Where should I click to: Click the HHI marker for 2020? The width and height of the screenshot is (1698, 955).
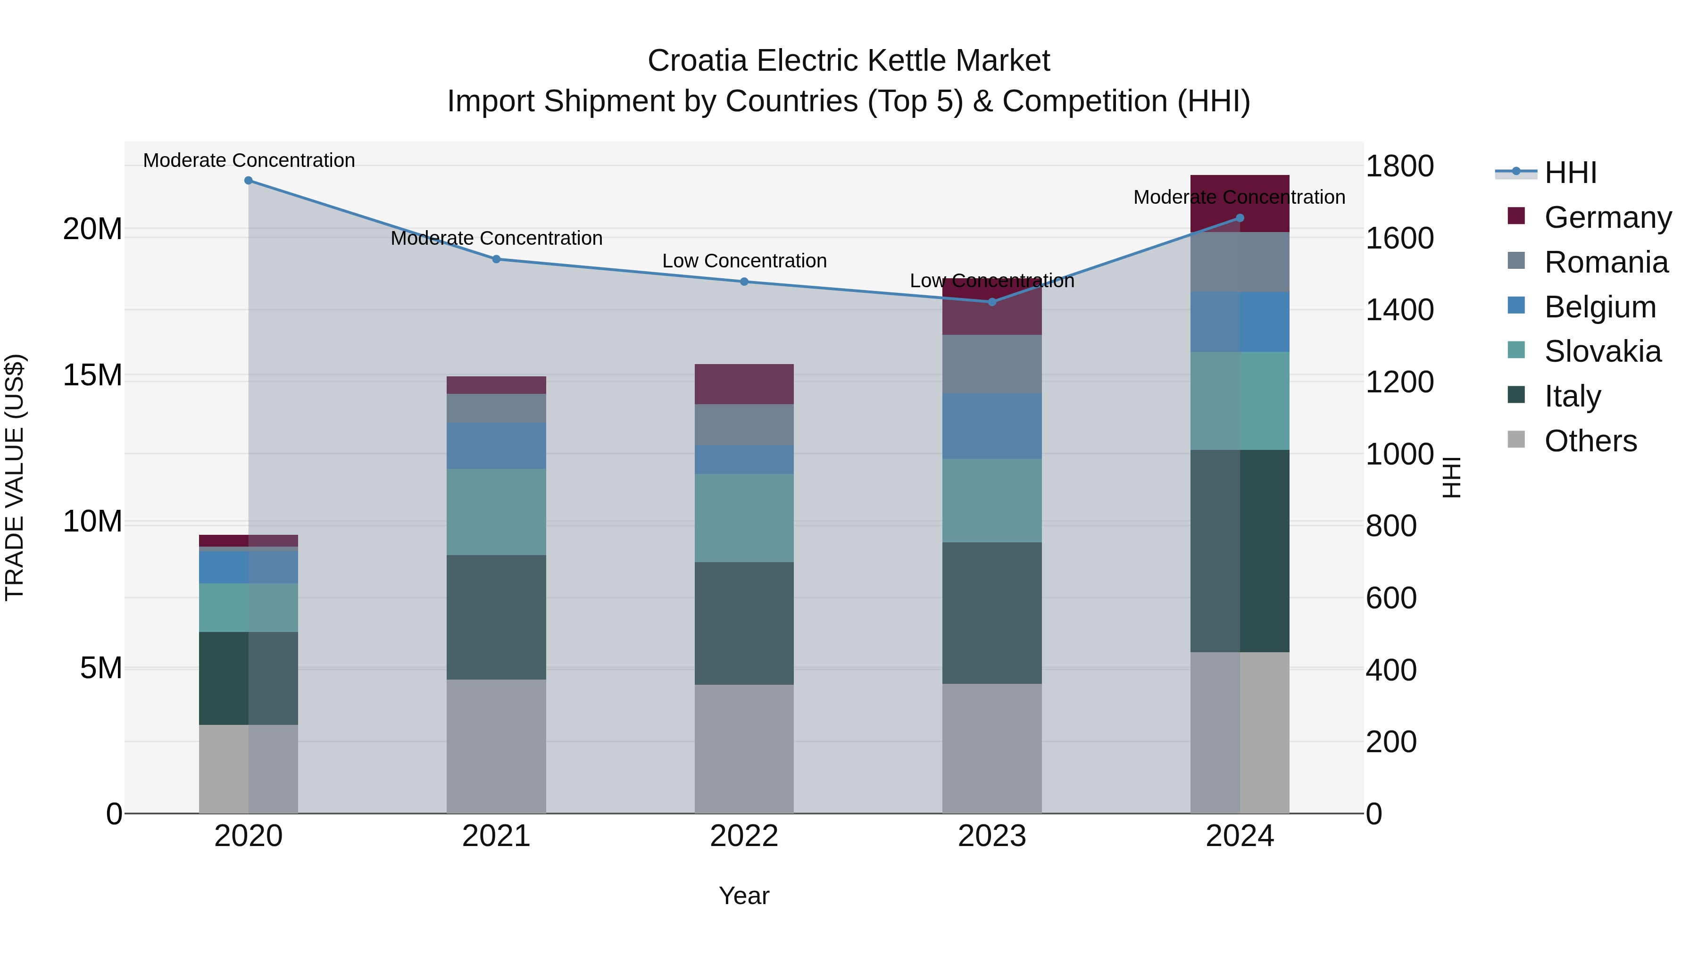click(249, 181)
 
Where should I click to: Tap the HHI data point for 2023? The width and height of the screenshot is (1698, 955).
click(992, 302)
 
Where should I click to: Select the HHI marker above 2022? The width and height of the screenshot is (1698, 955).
click(744, 282)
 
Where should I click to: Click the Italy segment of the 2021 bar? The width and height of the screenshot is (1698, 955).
click(496, 617)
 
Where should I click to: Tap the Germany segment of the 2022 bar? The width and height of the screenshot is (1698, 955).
click(744, 384)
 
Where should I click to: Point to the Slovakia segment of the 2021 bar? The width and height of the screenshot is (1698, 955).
click(496, 512)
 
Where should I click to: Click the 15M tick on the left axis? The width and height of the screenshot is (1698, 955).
click(92, 376)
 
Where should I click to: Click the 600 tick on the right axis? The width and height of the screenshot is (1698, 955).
click(1391, 598)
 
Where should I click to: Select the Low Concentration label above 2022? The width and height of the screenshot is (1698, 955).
click(744, 261)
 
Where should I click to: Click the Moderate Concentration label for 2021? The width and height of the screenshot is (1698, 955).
click(496, 238)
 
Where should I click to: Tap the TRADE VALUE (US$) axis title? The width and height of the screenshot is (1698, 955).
click(15, 478)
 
